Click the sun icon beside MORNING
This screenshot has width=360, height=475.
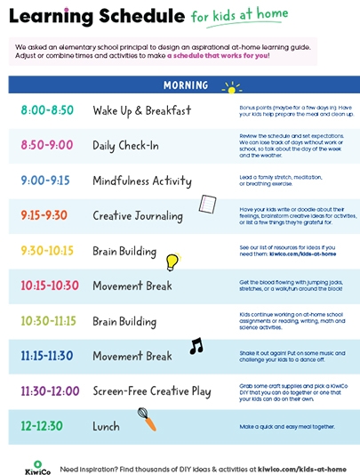click(232, 87)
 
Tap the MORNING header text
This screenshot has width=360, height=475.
click(186, 85)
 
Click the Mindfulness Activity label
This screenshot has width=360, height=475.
click(141, 181)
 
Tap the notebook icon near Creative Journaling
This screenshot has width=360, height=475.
click(207, 205)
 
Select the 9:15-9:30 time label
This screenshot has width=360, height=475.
click(43, 215)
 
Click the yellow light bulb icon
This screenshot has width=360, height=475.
click(172, 262)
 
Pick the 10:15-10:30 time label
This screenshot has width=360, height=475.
click(49, 286)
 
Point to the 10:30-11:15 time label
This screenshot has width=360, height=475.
click(49, 321)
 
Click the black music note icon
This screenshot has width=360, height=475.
click(196, 346)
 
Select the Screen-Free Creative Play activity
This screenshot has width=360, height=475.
click(153, 391)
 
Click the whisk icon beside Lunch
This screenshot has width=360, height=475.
click(147, 419)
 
